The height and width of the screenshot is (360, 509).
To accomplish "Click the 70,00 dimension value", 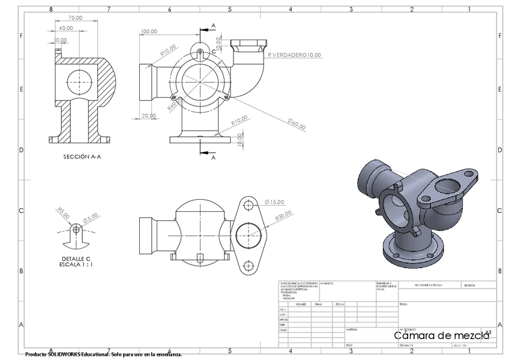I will (x=75, y=18).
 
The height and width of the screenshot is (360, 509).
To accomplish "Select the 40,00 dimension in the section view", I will (x=66, y=28).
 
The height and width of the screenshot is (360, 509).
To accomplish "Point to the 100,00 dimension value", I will (x=149, y=32).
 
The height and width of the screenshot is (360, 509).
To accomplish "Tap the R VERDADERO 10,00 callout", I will (x=294, y=55).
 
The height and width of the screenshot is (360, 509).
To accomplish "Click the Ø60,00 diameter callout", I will (x=295, y=124).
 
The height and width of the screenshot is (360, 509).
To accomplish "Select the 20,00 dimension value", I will (x=149, y=116).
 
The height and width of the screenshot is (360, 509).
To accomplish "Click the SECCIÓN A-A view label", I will (x=83, y=157).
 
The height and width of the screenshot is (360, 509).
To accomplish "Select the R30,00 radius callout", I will (x=283, y=216).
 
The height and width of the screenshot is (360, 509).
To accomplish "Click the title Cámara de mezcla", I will (x=441, y=335).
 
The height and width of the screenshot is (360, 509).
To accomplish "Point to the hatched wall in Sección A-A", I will (x=106, y=78).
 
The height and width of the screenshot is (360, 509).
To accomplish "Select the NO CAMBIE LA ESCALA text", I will (x=428, y=285).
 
